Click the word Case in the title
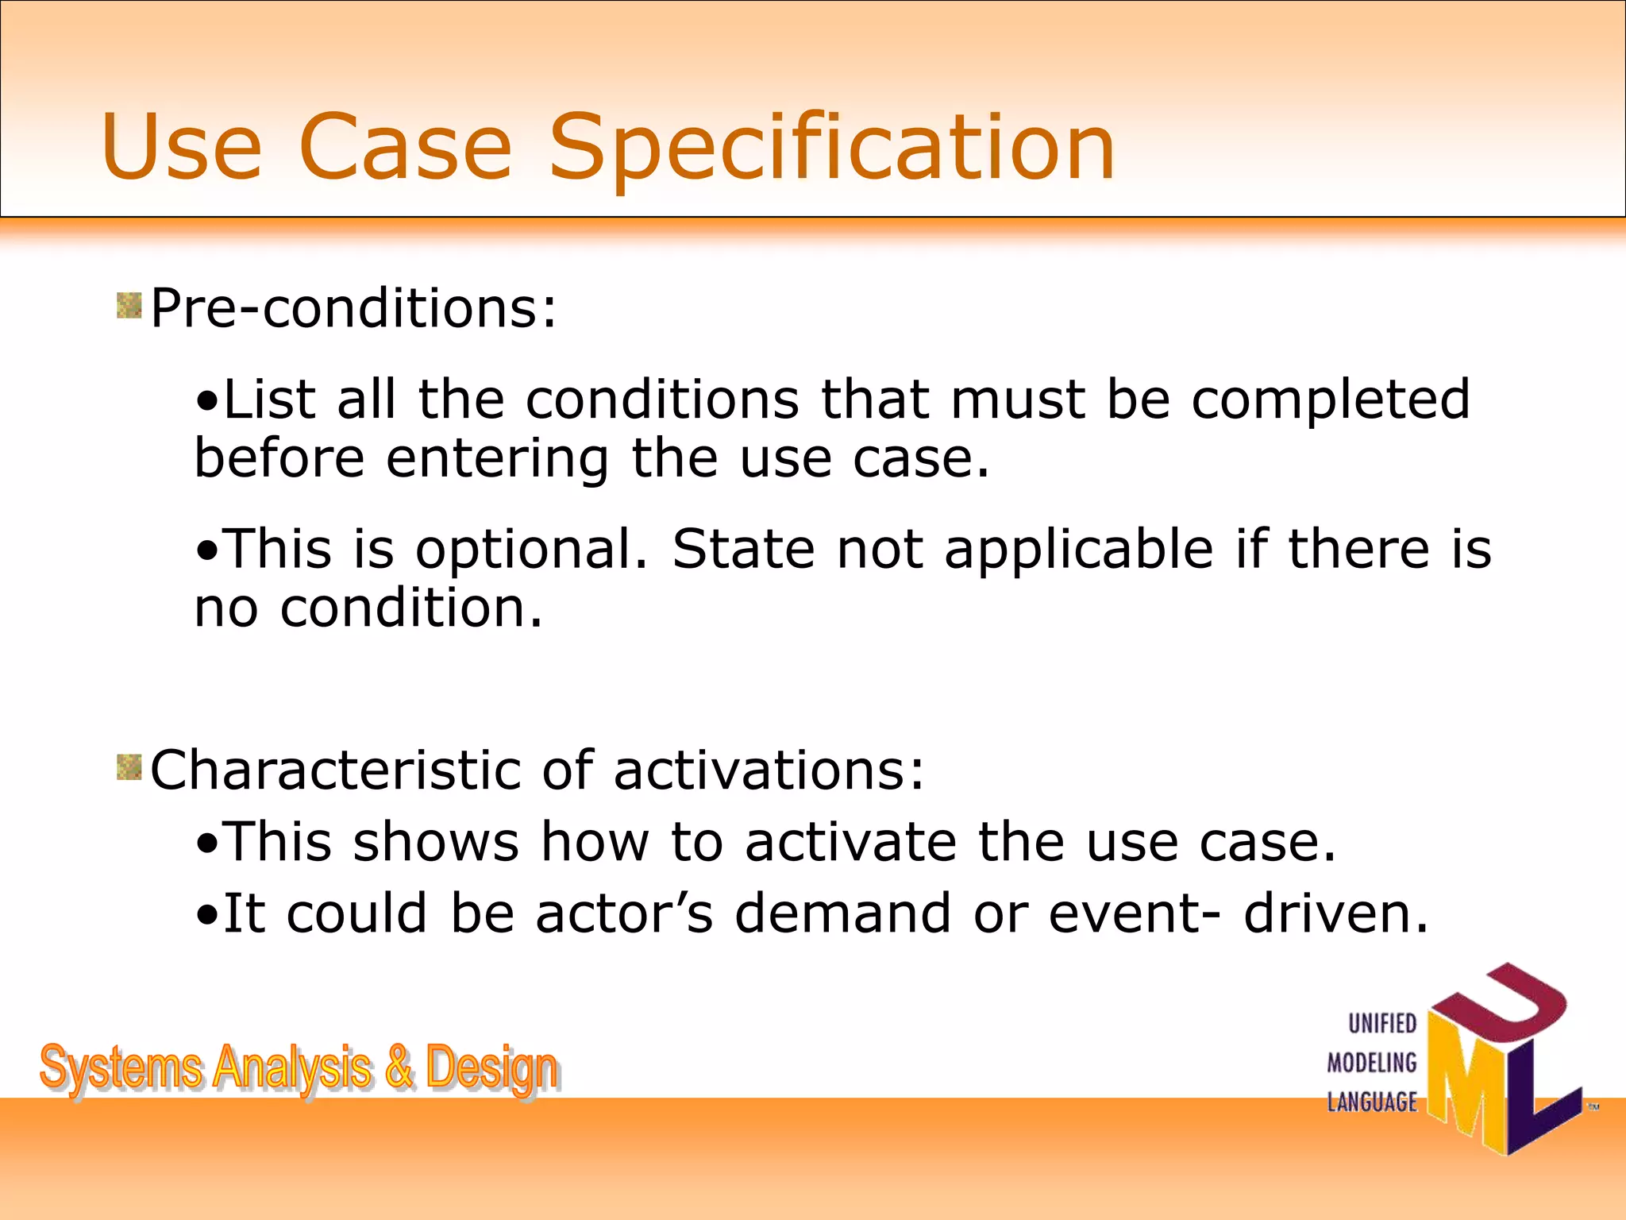pos(405,147)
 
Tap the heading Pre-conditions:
pos(353,308)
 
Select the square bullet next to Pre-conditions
pos(129,305)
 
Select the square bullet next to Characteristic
pos(129,767)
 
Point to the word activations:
pos(769,770)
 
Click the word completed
pos(1330,400)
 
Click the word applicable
pos(1079,550)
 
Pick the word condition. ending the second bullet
pos(411,608)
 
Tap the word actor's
pos(624,913)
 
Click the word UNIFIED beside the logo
pos(1382,1024)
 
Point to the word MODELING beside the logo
pos(1371,1063)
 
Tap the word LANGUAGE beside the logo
pos(1371,1102)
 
